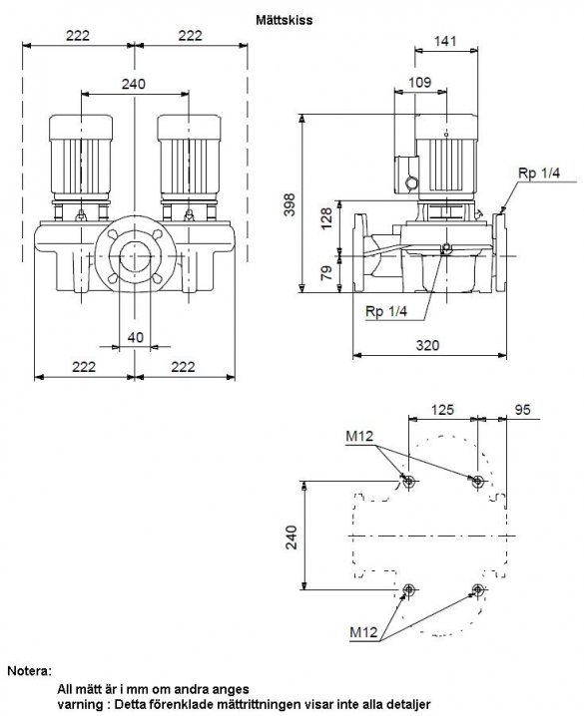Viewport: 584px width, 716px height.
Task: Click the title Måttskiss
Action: click(x=285, y=20)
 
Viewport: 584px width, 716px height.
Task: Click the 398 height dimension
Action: click(x=290, y=204)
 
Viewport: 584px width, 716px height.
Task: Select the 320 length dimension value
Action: click(x=427, y=345)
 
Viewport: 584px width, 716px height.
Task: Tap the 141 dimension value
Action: click(x=444, y=41)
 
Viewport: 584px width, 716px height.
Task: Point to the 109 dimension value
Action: click(x=419, y=82)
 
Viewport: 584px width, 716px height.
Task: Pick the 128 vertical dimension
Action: click(x=326, y=218)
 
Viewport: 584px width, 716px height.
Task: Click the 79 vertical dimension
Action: click(x=326, y=273)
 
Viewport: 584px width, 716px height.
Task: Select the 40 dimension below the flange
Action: click(x=135, y=337)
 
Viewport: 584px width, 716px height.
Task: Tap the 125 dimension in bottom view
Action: click(x=442, y=410)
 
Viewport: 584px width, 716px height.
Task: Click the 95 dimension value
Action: click(x=522, y=410)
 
